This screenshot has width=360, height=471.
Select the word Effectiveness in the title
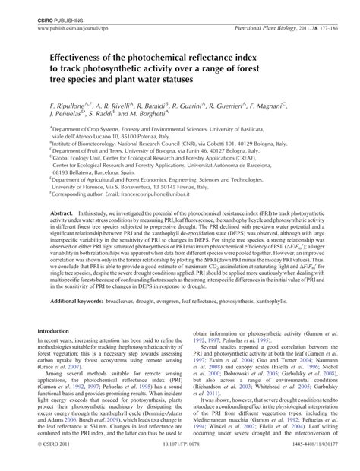point(89,56)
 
